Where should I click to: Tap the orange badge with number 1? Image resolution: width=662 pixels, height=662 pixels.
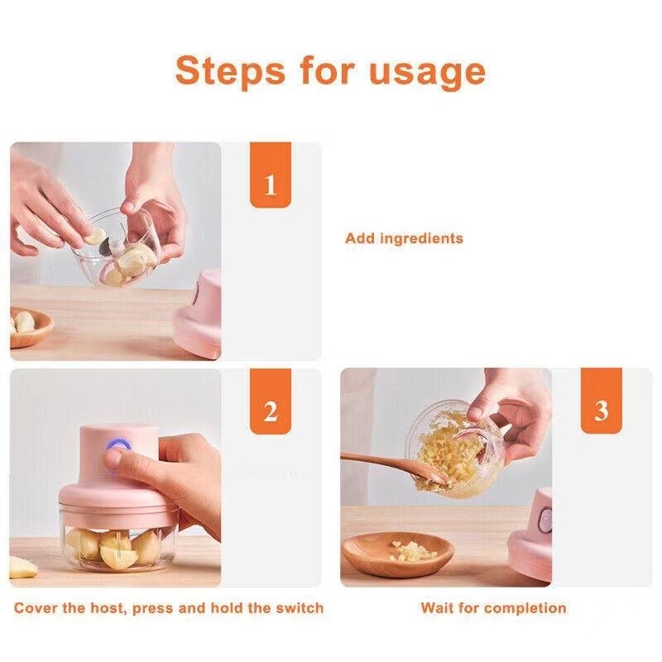(x=271, y=185)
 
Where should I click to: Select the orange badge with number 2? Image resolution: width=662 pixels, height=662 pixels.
(x=271, y=411)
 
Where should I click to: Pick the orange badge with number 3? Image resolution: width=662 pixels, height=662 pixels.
(x=601, y=411)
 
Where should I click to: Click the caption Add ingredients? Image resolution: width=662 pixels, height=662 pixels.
(x=404, y=238)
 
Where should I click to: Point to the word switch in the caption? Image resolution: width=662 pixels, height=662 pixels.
(x=300, y=608)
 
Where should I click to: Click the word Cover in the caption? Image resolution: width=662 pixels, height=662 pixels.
(x=37, y=608)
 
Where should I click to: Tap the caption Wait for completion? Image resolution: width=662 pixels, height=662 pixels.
(x=493, y=608)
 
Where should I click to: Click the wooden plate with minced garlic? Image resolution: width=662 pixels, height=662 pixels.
(x=398, y=554)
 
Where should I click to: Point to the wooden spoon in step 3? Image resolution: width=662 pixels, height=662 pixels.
(x=389, y=465)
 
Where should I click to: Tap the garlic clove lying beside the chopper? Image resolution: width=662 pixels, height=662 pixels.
(x=23, y=568)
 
